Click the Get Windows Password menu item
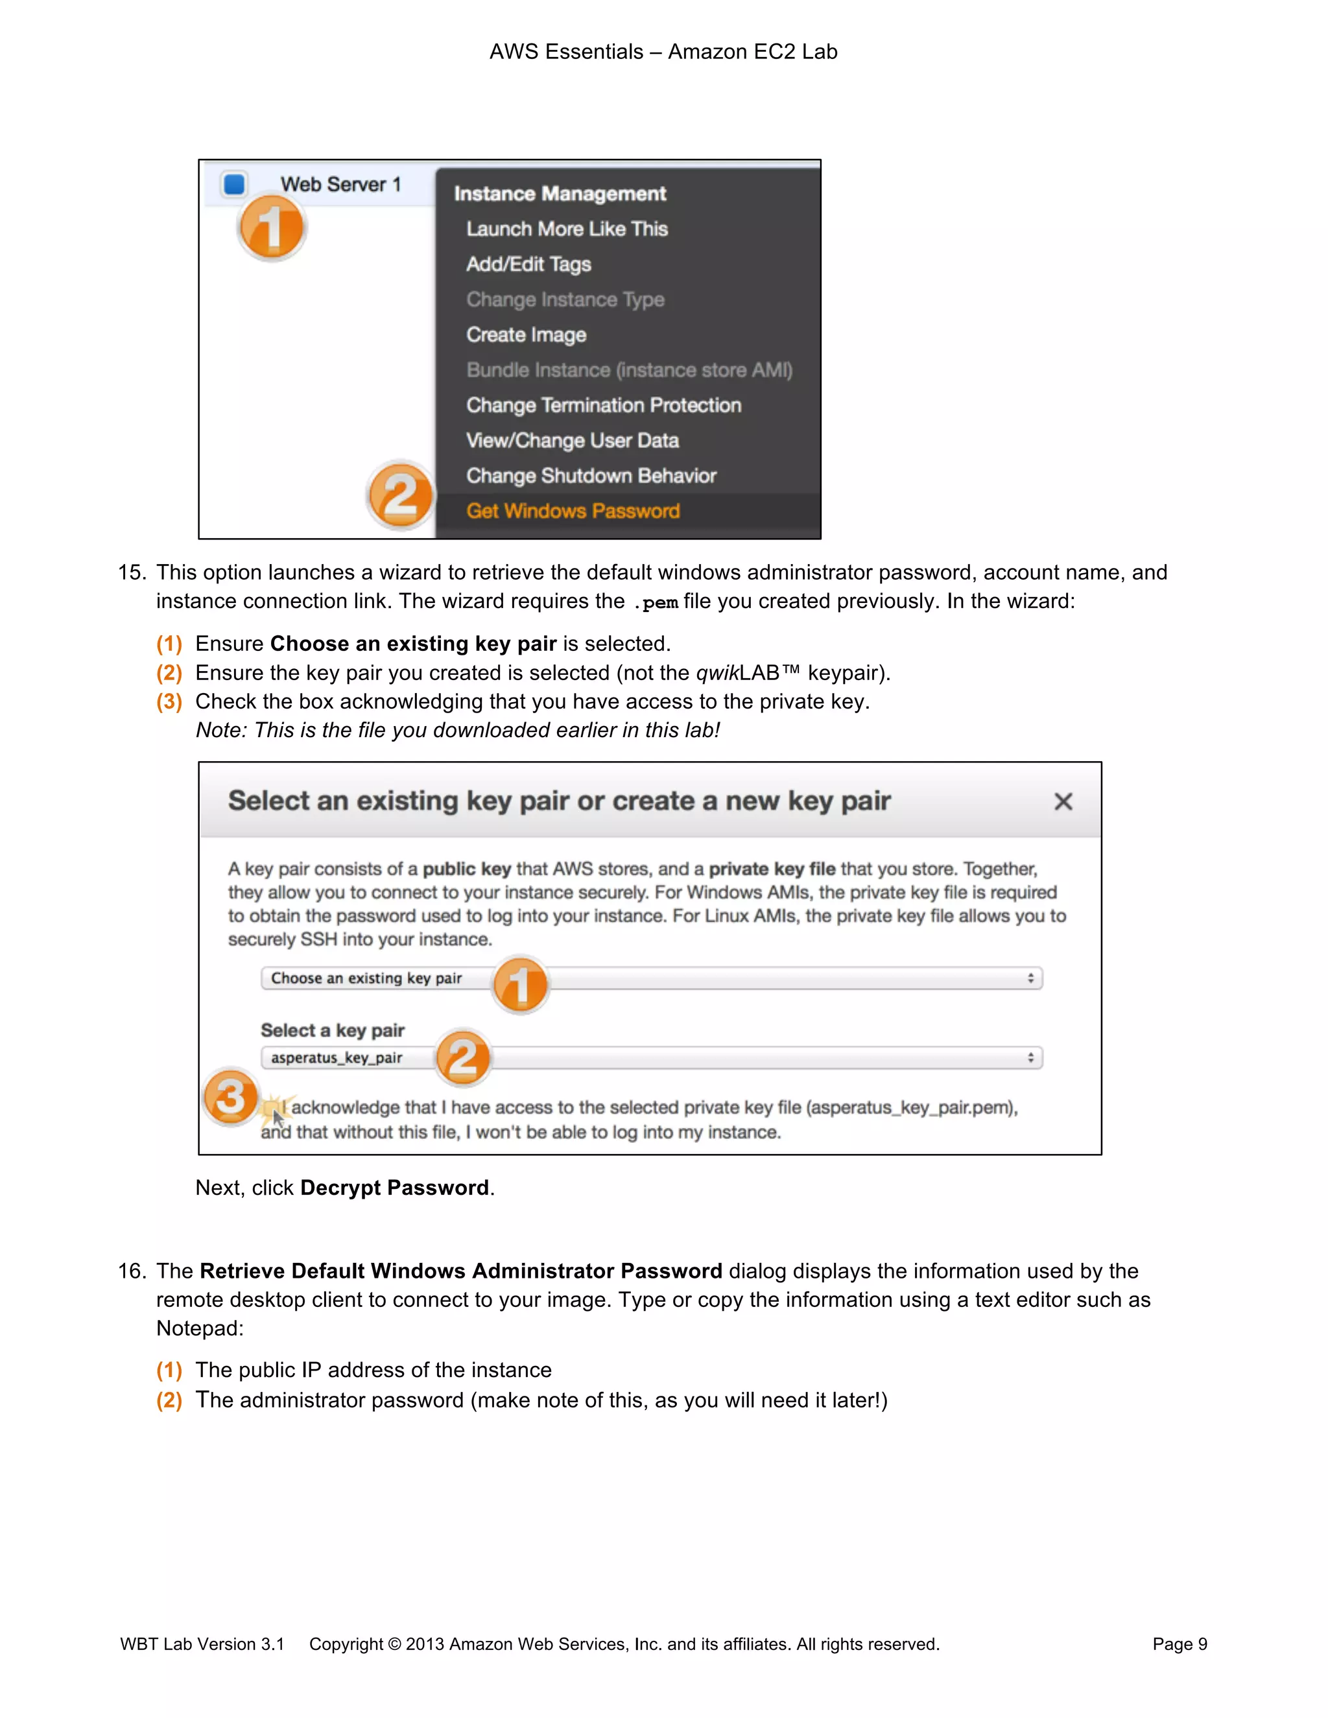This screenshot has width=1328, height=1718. click(572, 512)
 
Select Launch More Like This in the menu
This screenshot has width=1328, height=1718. click(567, 229)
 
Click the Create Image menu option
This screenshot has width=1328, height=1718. click(525, 335)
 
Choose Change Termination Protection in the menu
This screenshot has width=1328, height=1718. click(604, 405)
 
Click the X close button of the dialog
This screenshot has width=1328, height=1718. click(1063, 801)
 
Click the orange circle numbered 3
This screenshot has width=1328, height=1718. click(230, 1096)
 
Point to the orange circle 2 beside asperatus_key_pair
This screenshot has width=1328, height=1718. click(462, 1058)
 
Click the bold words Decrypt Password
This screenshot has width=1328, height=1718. click(394, 1188)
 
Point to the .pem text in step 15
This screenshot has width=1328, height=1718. click(656, 602)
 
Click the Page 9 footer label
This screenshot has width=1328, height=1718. click(1180, 1644)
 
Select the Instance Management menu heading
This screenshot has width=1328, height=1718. click(560, 193)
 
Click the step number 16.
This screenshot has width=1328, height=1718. click(132, 1271)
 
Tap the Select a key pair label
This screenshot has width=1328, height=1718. click(332, 1031)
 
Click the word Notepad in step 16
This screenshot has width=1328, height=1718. click(199, 1328)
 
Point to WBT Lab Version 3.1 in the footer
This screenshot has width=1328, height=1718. click(202, 1644)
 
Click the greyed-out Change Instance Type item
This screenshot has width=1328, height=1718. click(565, 300)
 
